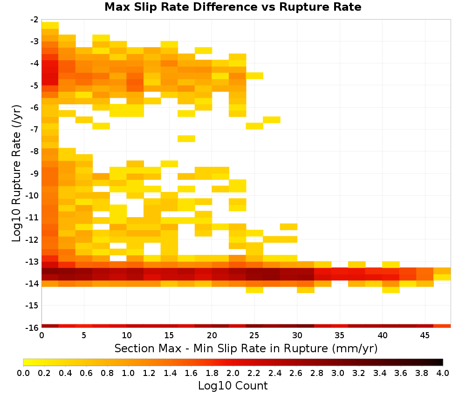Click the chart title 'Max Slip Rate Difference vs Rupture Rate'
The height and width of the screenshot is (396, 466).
pyautogui.click(x=233, y=7)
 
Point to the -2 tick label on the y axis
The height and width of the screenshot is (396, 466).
pyautogui.click(x=34, y=20)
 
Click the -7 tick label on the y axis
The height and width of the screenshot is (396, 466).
pyautogui.click(x=34, y=130)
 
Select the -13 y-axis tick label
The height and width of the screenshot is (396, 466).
pyautogui.click(x=33, y=262)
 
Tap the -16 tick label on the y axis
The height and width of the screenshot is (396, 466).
pyautogui.click(x=33, y=328)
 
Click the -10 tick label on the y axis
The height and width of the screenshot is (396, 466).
pyautogui.click(x=33, y=196)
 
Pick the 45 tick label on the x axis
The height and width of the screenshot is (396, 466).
pyautogui.click(x=425, y=335)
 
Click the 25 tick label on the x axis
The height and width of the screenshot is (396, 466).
pyautogui.click(x=254, y=335)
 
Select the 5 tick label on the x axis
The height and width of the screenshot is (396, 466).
pyautogui.click(x=84, y=335)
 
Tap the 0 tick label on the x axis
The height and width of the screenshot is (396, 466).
pyautogui.click(x=41, y=335)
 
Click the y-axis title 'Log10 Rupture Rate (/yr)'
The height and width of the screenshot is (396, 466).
pyautogui.click(x=17, y=173)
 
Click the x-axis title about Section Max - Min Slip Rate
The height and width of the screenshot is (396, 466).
pyautogui.click(x=246, y=348)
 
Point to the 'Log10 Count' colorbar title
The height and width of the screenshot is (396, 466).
pyautogui.click(x=233, y=386)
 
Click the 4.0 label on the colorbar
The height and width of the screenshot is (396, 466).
pyautogui.click(x=443, y=373)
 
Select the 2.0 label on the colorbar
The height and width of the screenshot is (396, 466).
pyautogui.click(x=233, y=373)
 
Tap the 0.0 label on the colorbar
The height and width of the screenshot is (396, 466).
pyautogui.click(x=23, y=373)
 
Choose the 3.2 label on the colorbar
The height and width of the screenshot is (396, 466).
pyautogui.click(x=359, y=373)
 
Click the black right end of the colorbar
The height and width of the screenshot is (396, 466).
pyautogui.click(x=442, y=362)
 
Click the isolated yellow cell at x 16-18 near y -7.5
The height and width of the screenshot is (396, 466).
pyautogui.click(x=186, y=139)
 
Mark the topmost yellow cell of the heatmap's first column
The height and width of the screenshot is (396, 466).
pyautogui.click(x=50, y=25)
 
